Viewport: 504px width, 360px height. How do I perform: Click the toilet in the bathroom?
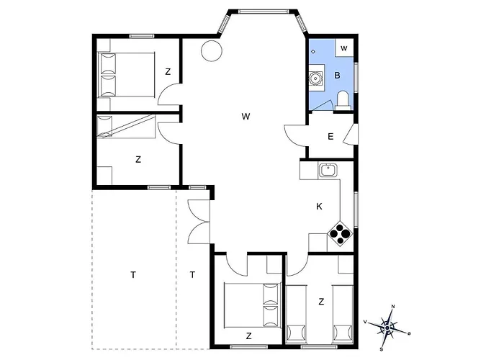coord(341,100)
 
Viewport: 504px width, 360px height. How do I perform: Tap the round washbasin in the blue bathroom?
coord(315,78)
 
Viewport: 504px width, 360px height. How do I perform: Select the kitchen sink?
coord(328,170)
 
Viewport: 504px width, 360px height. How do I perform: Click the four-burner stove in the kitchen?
coord(340,233)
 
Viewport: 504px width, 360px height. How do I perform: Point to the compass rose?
coord(387,328)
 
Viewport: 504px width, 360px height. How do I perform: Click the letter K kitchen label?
coord(319,207)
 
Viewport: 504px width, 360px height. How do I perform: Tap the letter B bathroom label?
coord(337,76)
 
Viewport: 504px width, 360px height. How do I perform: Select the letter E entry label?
coord(330,137)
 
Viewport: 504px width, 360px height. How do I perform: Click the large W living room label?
coord(246,117)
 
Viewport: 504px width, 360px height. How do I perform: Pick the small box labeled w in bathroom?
coord(344,48)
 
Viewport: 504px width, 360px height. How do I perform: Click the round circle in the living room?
coord(212,51)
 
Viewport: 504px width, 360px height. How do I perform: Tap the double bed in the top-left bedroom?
coord(126,75)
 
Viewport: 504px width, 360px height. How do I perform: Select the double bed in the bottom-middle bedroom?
coord(253,305)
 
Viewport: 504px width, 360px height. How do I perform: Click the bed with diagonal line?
coord(126,127)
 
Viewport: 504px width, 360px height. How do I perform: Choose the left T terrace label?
coord(133,275)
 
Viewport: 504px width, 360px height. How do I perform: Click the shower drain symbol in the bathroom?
coord(313,51)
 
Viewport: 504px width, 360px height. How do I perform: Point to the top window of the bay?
coord(264,12)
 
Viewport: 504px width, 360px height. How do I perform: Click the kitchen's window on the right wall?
coord(356,210)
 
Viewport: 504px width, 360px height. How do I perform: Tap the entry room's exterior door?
coord(351,134)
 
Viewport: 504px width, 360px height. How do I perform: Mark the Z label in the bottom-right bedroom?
coord(321,302)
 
